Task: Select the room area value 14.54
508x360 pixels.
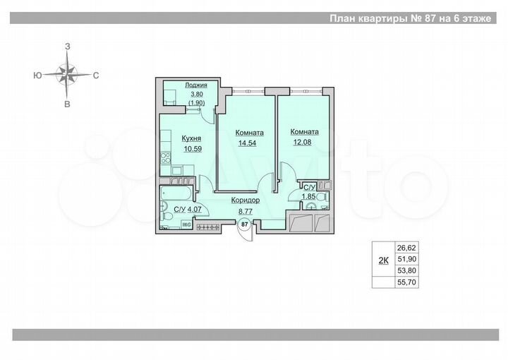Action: coord(250,143)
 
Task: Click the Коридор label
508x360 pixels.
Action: coord(246,200)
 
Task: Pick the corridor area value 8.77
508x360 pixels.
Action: coord(246,210)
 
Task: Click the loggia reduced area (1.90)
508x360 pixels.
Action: coord(195,103)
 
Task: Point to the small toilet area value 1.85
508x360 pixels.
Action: coord(308,197)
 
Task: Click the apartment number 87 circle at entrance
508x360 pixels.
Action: coord(245,224)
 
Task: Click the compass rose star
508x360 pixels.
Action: coord(68,74)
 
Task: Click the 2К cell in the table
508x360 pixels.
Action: coord(383,260)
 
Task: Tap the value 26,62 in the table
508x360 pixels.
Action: coord(406,248)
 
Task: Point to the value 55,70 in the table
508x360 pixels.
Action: coord(406,282)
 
